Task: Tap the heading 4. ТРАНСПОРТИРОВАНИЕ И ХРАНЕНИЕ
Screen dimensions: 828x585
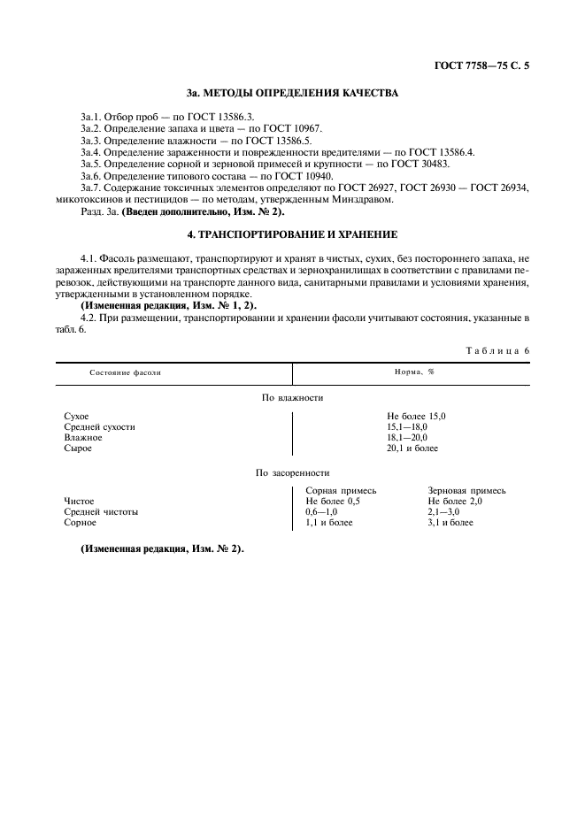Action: [x=292, y=234]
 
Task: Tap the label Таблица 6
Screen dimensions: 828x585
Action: [x=496, y=350]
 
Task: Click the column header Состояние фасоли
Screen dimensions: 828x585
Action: [x=125, y=372]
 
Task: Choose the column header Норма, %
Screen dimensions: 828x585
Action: [x=413, y=372]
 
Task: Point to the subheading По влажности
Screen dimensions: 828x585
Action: [x=292, y=398]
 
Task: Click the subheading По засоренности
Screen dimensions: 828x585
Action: [x=292, y=473]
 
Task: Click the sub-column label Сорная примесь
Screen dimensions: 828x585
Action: [x=341, y=490]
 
